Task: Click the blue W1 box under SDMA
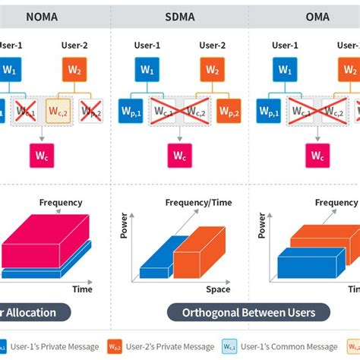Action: click(x=147, y=70)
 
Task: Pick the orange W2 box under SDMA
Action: click(x=212, y=70)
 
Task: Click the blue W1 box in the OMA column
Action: click(x=284, y=70)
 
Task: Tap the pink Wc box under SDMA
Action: click(x=180, y=156)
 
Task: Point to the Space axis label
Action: click(x=218, y=289)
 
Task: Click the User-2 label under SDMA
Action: click(x=212, y=46)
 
